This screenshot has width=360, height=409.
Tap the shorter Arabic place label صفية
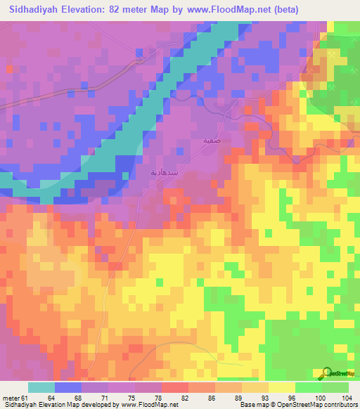tap(212, 141)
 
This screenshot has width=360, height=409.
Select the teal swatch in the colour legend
tap(41, 387)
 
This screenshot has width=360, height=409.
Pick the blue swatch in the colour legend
tap(68, 387)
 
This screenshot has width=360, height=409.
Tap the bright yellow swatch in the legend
tap(282, 387)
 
